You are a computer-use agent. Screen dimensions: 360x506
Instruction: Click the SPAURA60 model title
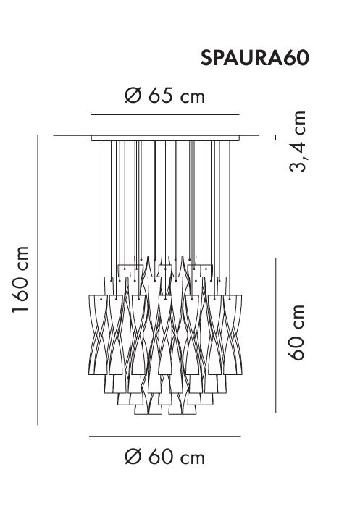[255, 58]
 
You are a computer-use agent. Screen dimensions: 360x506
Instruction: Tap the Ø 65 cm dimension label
[165, 96]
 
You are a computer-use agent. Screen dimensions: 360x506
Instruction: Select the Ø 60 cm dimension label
[165, 457]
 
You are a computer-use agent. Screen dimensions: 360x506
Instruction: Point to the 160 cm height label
[21, 279]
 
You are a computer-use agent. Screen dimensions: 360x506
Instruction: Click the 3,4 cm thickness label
[298, 141]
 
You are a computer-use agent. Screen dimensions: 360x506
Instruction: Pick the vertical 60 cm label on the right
[296, 332]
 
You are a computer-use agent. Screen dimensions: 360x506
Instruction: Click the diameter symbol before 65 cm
[133, 96]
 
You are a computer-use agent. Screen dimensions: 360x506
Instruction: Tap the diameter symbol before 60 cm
[133, 457]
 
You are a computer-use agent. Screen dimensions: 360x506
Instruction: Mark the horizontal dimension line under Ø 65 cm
[165, 114]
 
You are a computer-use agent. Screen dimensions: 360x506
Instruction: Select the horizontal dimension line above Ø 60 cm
[165, 437]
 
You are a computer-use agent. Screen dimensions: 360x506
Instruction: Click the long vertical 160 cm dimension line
[38, 280]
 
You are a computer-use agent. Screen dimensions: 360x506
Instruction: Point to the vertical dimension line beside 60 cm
[276, 335]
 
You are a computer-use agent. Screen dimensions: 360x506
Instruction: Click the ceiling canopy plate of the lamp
[165, 138]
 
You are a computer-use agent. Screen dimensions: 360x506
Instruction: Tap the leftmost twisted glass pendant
[95, 334]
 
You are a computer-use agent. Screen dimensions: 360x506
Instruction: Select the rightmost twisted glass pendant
[235, 334]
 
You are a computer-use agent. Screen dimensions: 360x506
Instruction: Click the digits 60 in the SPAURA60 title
[296, 58]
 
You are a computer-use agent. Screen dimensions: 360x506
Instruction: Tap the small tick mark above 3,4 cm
[276, 138]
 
